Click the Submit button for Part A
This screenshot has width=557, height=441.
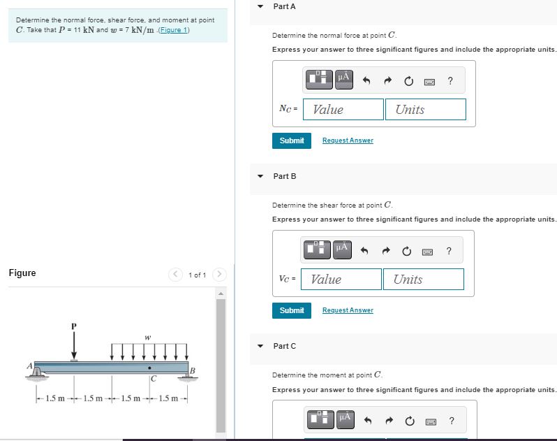click(x=292, y=140)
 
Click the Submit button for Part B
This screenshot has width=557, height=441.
click(x=292, y=310)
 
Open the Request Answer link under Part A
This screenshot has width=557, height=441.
click(x=348, y=140)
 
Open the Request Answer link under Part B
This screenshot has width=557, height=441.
click(x=348, y=310)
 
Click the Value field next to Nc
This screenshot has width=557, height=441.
click(x=343, y=109)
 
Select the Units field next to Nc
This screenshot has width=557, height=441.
click(x=425, y=109)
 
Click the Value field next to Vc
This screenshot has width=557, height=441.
click(x=341, y=279)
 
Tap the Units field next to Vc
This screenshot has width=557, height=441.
click(x=423, y=279)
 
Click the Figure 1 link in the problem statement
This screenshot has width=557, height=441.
click(x=174, y=30)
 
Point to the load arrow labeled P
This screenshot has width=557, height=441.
click(x=74, y=345)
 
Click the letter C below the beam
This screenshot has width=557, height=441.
click(x=151, y=379)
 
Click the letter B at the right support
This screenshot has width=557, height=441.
click(x=193, y=369)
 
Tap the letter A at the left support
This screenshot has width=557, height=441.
click(x=30, y=364)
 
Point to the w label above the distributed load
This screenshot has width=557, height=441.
click(x=147, y=338)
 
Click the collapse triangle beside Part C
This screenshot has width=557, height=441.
click(x=261, y=346)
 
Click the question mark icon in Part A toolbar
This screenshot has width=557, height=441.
click(x=450, y=81)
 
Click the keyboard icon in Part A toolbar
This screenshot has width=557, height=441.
click(x=430, y=81)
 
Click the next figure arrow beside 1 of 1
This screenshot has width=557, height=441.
click(x=219, y=274)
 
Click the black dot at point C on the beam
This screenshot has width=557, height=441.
click(x=149, y=367)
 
